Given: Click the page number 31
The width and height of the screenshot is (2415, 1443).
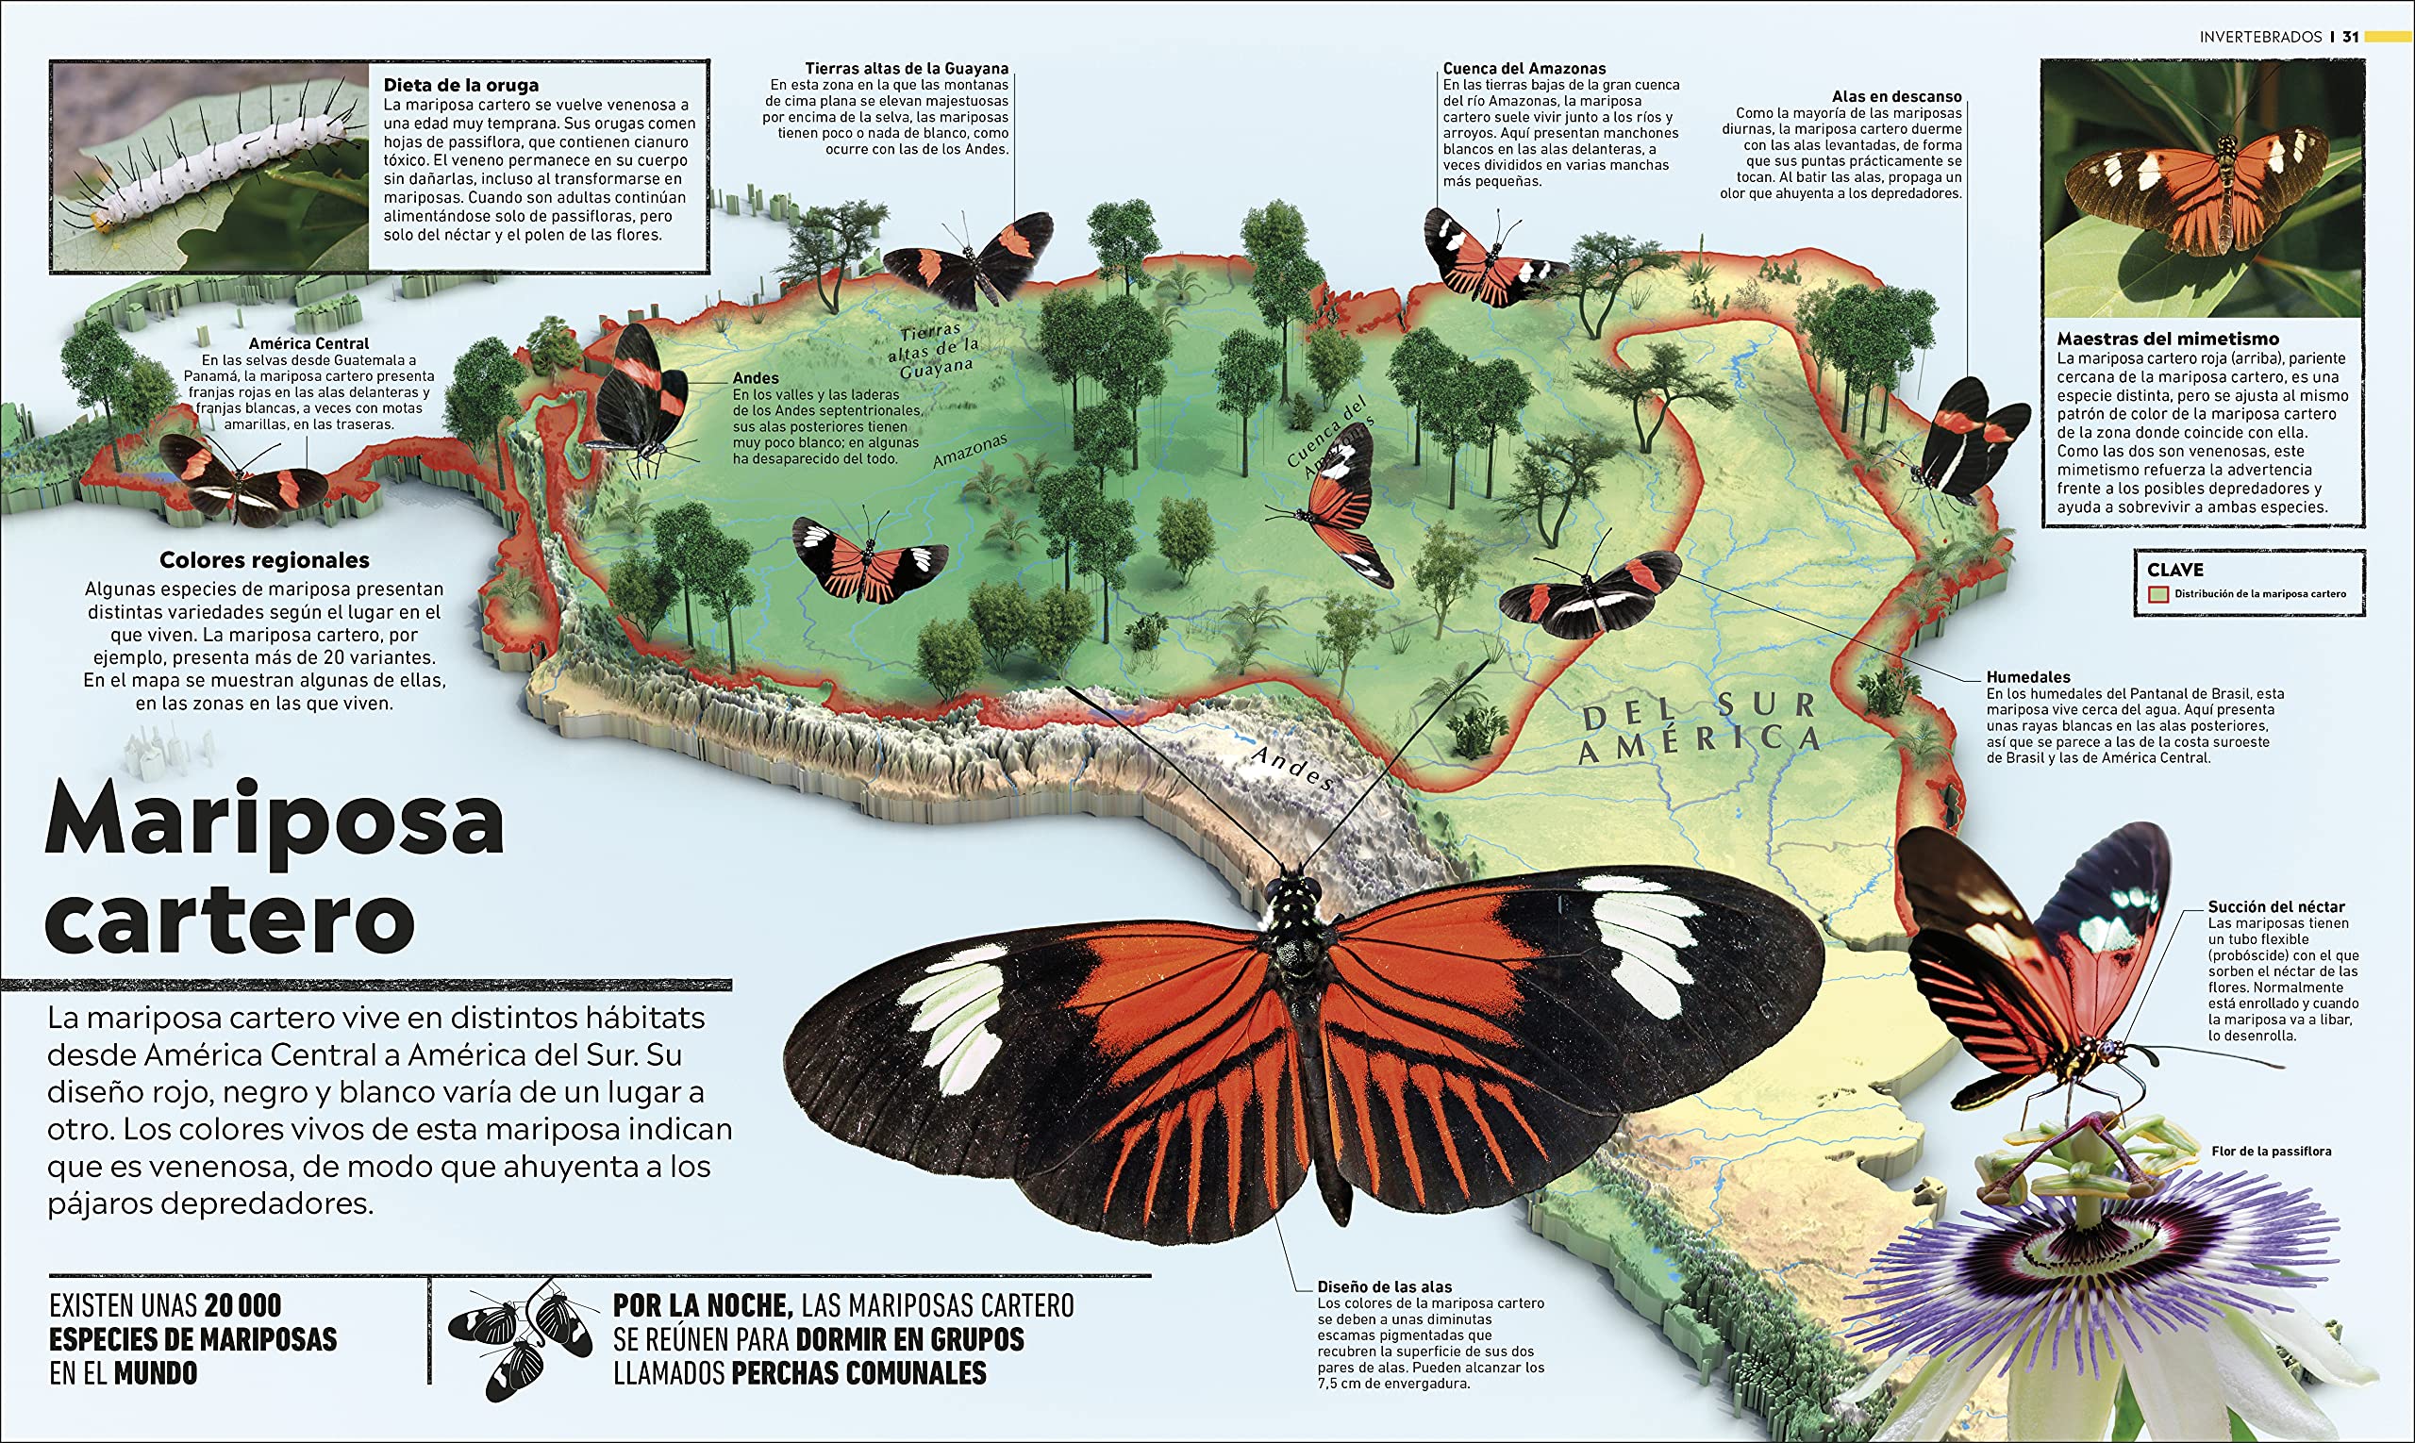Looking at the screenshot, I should coord(2350,37).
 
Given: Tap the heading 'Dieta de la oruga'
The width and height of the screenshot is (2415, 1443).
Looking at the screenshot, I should coord(460,86).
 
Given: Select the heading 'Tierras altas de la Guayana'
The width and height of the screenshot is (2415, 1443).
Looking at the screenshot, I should coord(907,68).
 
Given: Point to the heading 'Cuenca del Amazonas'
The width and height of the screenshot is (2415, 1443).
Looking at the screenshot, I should coord(1524,68).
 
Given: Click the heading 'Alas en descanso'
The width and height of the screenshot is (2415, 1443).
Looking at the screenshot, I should coord(1896,96).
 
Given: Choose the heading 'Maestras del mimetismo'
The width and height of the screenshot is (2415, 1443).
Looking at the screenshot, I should coord(2168,339).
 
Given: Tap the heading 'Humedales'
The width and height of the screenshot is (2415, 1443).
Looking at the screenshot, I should coord(2028,677).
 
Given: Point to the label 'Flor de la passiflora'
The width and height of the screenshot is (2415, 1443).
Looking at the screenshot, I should coord(2271,1152).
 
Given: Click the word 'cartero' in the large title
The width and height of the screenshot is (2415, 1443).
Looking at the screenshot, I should coord(230,919).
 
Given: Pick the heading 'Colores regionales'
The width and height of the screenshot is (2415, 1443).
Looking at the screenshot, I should coord(264,560).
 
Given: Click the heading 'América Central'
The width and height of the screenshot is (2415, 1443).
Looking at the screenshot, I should coord(308,343).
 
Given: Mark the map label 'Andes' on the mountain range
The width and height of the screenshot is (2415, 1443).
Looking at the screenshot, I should coord(1291,768).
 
